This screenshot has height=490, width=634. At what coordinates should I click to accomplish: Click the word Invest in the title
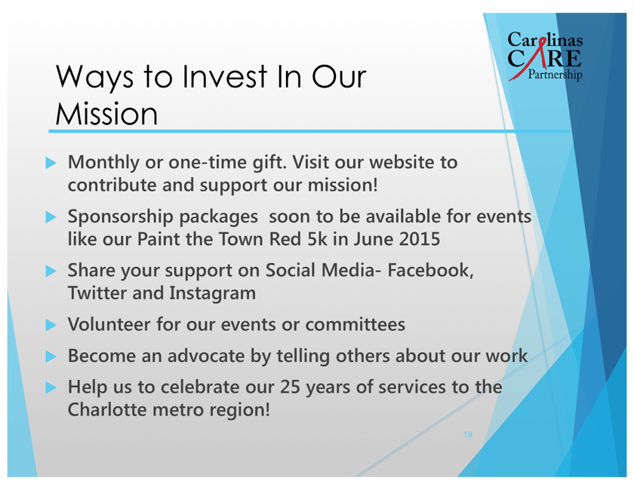coord(225,76)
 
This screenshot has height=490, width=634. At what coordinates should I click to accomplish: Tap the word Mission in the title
coord(106,114)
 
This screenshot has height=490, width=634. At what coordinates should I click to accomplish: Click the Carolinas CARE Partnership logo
coord(545,57)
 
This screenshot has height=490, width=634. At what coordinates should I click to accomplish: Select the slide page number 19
coord(468,435)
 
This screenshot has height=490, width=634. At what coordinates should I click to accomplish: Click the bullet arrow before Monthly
coord(51,163)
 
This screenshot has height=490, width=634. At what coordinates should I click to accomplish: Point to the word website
coord(401,162)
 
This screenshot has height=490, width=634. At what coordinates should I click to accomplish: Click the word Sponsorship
coord(120,217)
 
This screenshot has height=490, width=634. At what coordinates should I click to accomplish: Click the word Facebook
coord(430,270)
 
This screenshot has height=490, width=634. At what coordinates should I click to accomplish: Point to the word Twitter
coord(97,292)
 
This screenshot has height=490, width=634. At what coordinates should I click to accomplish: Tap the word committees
coord(355,324)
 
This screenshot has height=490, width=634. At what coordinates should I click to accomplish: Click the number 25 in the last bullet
coord(291,387)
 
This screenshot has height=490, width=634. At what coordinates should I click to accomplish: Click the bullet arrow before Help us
coord(51,387)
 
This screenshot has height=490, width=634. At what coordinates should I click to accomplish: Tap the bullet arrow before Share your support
coord(51,271)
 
